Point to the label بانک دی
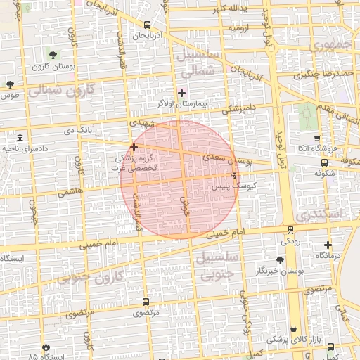coord(79,130)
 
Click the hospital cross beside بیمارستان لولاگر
coord(181,92)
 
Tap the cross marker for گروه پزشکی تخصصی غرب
coord(134,148)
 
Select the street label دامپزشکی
coord(238,110)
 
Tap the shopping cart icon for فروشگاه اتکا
coord(317,139)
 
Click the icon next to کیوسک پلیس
coord(233,175)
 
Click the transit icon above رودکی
coord(290,230)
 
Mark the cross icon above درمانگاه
coord(328,245)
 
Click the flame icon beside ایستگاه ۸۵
coord(46,347)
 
